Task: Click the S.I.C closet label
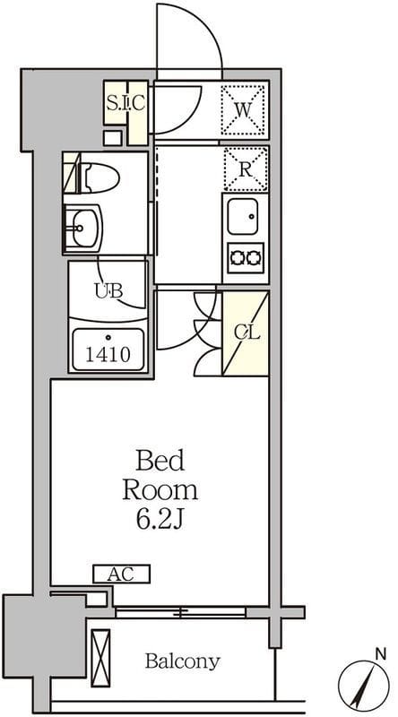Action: point(125,103)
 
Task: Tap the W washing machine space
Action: point(243,109)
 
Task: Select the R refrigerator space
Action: point(246,169)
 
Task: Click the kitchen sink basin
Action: point(242,216)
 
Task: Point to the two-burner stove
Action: point(247,258)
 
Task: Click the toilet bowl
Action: point(99,178)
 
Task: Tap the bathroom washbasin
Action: point(83,228)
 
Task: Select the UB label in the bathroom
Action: point(108,290)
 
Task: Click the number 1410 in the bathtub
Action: point(108,354)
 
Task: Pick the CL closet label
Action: point(247,333)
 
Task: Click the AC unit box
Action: point(122,574)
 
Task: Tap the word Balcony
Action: point(183,661)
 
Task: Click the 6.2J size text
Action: point(160,520)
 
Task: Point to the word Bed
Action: point(160,461)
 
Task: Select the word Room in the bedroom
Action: point(160,490)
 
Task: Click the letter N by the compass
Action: point(381,655)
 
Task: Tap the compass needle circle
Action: point(364,686)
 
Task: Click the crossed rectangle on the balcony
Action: point(100,658)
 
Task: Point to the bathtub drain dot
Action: point(108,338)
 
